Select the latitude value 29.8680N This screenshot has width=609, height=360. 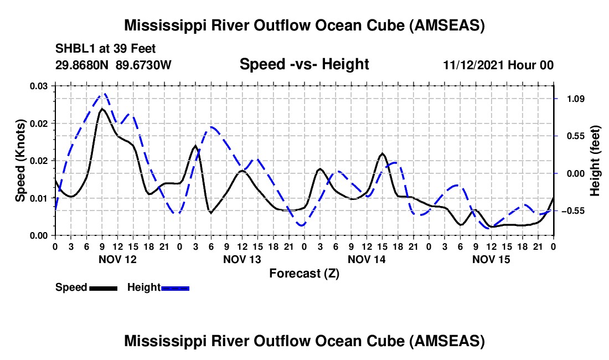pos(82,65)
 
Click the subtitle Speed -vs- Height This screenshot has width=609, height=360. pos(304,64)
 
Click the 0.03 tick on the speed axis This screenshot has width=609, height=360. pos(40,86)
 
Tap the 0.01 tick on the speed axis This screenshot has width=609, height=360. pos(40,198)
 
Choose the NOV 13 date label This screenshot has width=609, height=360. pos(242,259)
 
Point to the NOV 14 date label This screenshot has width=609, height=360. pos(367,259)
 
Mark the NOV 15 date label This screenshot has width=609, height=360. pos(491,259)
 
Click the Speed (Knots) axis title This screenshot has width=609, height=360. pos(20,161)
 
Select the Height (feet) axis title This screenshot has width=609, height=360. pos(596,161)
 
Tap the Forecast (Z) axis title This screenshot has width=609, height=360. pos(304,274)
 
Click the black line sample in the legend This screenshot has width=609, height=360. pos(102,288)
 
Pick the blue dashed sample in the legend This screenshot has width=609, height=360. pos(176,288)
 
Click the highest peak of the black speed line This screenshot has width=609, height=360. pos(102,109)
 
